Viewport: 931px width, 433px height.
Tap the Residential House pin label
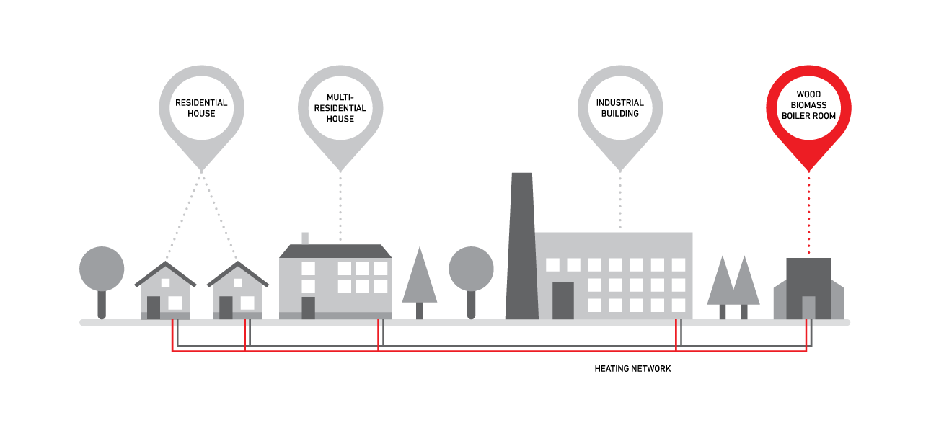click(201, 108)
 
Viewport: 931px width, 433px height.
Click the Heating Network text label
click(632, 369)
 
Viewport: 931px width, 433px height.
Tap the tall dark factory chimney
click(522, 246)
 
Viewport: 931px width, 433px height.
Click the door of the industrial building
click(563, 300)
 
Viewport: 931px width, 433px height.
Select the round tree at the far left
click(102, 282)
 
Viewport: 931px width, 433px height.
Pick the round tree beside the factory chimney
click(471, 282)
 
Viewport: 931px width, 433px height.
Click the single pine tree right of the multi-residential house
click(420, 283)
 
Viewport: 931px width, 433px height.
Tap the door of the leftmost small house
click(154, 308)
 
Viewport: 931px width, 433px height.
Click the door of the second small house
click(226, 308)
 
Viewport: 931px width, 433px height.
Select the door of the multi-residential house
click(308, 308)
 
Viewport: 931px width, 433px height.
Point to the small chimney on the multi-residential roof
click(305, 238)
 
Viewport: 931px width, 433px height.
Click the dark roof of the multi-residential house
click(335, 251)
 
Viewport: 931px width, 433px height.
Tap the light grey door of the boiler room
click(808, 308)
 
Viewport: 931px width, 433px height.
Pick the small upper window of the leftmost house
click(165, 282)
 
